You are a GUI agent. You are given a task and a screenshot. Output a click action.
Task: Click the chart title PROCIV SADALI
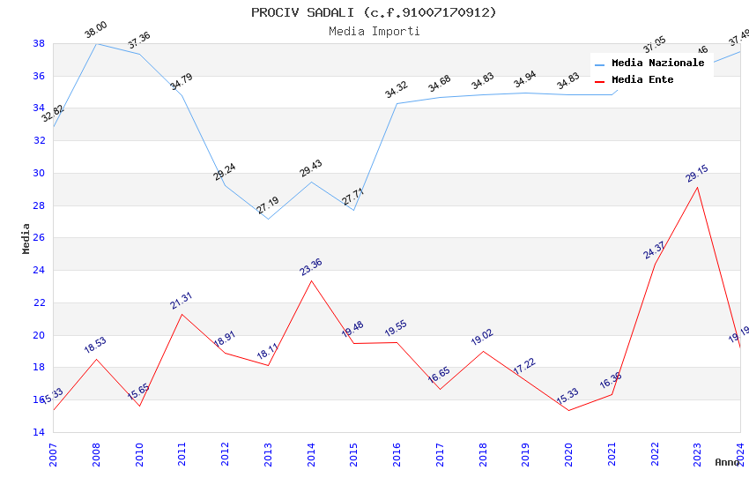tap(374, 12)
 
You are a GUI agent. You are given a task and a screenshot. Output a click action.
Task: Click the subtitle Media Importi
tap(374, 32)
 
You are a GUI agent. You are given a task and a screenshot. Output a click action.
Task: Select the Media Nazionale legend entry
tap(657, 63)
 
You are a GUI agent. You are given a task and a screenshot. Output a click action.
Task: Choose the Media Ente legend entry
tap(642, 80)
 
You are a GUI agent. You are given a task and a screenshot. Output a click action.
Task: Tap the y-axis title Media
tap(26, 238)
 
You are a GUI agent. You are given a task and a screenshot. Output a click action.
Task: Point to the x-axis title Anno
tap(727, 462)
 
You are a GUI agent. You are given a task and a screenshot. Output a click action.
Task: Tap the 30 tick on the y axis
tap(39, 173)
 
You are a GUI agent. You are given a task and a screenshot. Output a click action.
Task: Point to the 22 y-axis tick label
tap(39, 302)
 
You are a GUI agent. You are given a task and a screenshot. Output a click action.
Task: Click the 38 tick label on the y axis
tap(39, 43)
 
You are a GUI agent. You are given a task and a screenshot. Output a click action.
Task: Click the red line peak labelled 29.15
tap(698, 187)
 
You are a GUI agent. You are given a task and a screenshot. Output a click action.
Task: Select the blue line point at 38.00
tap(96, 43)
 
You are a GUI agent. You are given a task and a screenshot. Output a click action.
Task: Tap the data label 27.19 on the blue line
tap(268, 205)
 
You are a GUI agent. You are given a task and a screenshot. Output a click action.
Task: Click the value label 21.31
tap(182, 301)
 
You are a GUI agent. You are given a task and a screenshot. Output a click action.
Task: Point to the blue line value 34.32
tap(397, 90)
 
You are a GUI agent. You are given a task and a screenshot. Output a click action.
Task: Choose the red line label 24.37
tap(655, 250)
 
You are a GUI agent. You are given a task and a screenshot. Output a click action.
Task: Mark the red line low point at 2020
tap(568, 410)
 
